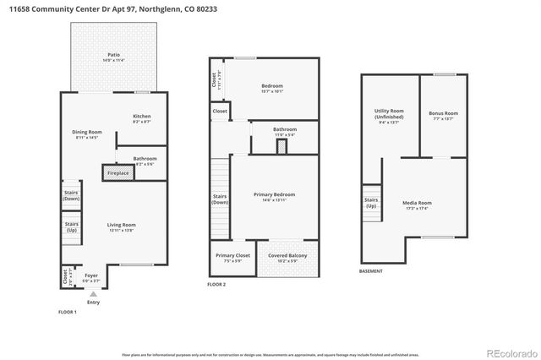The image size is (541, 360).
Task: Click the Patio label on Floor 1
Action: tap(112, 57)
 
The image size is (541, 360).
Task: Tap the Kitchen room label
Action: tap(142, 119)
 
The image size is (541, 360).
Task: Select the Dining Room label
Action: tap(88, 134)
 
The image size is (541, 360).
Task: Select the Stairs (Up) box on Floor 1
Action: tap(70, 227)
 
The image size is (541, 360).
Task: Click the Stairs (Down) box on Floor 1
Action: tap(70, 194)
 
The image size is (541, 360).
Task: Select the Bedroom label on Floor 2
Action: tap(271, 88)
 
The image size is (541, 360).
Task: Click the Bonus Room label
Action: tap(443, 115)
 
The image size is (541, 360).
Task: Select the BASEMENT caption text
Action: tap(370, 271)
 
